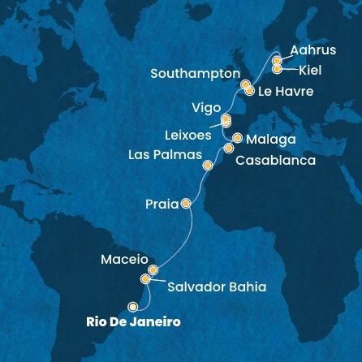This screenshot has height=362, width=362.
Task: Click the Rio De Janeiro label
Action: coord(133,322)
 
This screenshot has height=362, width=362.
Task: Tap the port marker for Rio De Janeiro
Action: coord(132,307)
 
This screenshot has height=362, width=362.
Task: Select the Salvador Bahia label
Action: coord(217,287)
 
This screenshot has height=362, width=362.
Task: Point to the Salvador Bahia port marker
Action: coord(145,279)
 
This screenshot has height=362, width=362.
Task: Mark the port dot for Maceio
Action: coord(153,269)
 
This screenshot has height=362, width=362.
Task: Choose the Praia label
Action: coord(162,205)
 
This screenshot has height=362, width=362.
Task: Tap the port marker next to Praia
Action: coord(186,204)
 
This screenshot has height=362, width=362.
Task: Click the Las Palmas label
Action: coord(165,154)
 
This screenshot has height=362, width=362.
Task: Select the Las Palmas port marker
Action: coord(208,165)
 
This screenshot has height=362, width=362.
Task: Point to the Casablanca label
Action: coord(275,161)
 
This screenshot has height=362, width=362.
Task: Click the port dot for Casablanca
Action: coord(229,149)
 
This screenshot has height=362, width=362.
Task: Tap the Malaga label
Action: coord(270,140)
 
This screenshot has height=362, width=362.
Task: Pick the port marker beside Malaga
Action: coord(237,138)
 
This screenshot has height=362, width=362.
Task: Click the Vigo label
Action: coord(205,108)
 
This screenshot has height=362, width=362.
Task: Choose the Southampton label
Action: coord(195,74)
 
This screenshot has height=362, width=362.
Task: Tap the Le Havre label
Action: coord(286,91)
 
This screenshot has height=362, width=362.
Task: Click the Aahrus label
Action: coord(312,50)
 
